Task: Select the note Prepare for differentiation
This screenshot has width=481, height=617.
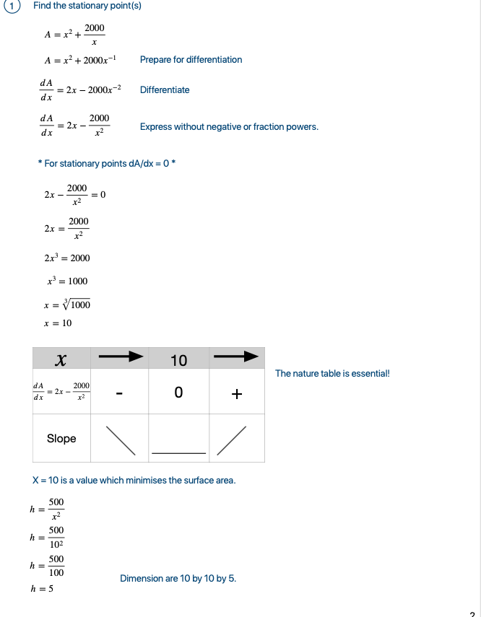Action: coord(191,60)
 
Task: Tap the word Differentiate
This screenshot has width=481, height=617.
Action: coord(165,90)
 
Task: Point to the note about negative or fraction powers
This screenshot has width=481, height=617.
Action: coord(229,127)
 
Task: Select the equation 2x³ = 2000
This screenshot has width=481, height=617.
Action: coord(67,258)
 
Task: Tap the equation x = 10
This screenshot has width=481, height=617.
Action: coord(58,323)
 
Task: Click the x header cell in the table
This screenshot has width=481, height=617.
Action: coord(61,359)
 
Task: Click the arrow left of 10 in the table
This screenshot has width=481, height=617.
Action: coord(120,356)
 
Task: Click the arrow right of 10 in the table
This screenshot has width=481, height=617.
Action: coord(236,356)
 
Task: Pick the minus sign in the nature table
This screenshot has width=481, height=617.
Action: coord(120,394)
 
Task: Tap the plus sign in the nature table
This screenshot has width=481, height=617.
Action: coord(237,394)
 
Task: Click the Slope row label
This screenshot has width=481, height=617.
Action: coord(61,439)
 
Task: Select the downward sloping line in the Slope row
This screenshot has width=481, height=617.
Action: coord(121,440)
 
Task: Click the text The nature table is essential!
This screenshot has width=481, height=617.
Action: coord(332,374)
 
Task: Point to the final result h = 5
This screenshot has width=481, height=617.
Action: coord(42,590)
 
